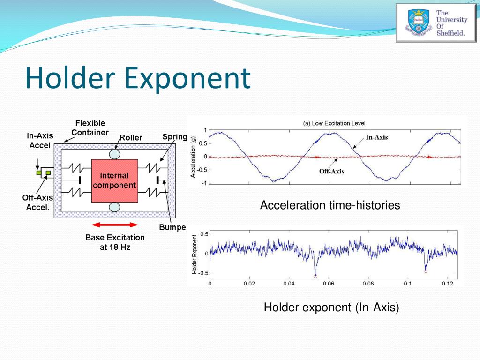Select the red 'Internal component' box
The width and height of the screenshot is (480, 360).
(114, 180)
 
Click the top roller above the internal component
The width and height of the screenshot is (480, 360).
(114, 153)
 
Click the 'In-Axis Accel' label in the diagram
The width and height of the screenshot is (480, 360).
(40, 140)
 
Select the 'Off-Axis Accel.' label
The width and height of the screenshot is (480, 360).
(37, 202)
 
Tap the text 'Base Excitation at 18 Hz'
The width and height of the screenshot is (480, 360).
(115, 242)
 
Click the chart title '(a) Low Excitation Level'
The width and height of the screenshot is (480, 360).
(334, 123)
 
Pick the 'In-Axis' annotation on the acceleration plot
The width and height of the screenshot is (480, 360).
(377, 137)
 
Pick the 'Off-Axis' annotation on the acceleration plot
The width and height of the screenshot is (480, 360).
(331, 171)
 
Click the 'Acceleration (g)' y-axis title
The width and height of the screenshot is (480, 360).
(193, 156)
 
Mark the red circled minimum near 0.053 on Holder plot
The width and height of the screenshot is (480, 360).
(315, 276)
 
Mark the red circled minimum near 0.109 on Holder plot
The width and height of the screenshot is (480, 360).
(426, 271)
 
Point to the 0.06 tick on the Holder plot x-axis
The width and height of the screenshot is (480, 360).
(329, 284)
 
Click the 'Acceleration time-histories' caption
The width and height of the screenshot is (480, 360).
(330, 205)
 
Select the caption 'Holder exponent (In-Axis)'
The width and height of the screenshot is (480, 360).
(331, 307)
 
